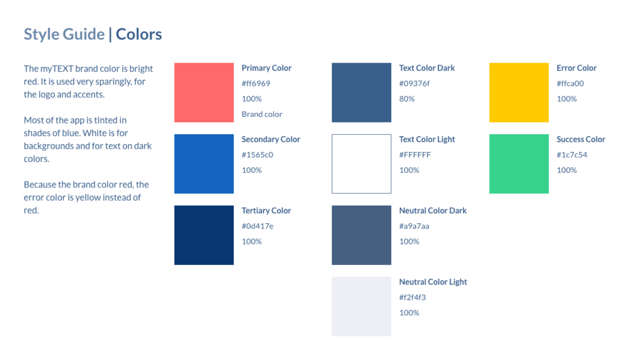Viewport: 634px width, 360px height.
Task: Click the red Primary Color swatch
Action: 204,92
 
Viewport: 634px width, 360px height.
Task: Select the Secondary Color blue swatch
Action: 204,164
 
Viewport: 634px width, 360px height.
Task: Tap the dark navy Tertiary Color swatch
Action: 204,235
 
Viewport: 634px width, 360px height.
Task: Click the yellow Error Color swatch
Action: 519,92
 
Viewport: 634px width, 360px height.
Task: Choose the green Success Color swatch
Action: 519,164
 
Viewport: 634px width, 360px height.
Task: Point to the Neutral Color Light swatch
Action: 361,306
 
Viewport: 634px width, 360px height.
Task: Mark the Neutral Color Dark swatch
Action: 361,235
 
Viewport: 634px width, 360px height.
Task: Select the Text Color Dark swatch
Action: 361,92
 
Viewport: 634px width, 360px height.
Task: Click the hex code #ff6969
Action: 256,83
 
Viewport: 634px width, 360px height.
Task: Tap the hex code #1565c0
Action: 258,155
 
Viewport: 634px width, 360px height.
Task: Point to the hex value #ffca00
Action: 570,83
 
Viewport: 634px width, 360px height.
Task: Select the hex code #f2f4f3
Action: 412,297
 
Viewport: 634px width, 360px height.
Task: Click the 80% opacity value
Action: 407,98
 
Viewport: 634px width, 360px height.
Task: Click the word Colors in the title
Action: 139,34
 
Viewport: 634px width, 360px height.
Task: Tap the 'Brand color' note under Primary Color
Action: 262,114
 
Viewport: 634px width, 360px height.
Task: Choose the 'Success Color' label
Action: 581,139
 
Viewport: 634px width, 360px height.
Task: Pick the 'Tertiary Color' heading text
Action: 266,211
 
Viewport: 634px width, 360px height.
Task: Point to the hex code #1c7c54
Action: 572,155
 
